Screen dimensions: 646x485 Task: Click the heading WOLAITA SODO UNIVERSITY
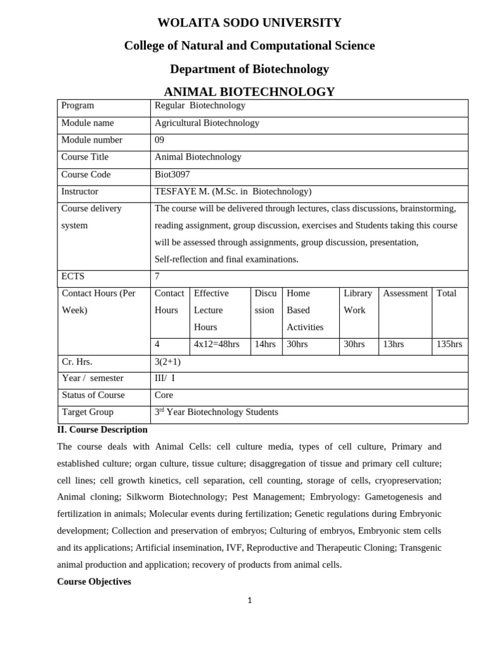pos(249,23)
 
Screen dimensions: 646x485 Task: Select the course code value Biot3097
pos(172,174)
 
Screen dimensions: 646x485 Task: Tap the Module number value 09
pos(159,140)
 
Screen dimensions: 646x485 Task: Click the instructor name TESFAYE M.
pos(183,191)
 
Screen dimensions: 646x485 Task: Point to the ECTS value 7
pos(157,276)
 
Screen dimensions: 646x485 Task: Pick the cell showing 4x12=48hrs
pos(217,344)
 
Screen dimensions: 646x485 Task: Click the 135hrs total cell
pos(449,344)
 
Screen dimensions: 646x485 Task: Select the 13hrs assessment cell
pos(393,344)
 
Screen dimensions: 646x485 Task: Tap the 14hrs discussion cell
pos(265,344)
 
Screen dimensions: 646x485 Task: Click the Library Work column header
pos(357,302)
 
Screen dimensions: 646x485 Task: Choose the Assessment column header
pos(405,293)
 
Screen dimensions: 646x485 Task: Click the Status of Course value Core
pos(164,395)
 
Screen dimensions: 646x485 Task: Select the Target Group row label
pos(87,412)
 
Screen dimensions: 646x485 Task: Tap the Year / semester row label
pos(92,378)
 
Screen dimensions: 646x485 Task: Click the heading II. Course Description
pos(102,430)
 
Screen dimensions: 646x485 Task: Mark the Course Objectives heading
pos(94,582)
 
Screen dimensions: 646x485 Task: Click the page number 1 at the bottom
pos(250,601)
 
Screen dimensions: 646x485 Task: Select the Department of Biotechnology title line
pos(249,69)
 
